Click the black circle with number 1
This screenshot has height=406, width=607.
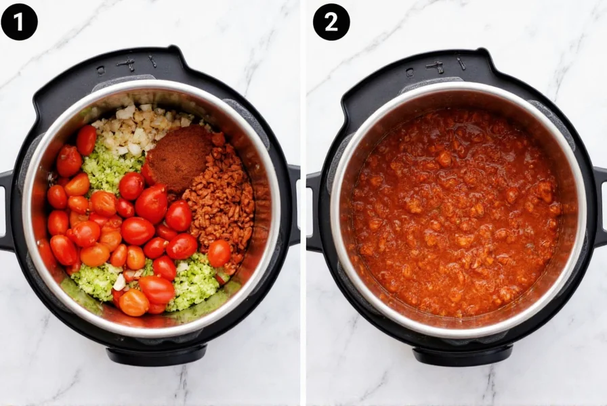point(19,22)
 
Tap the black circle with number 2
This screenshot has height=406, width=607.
point(331,22)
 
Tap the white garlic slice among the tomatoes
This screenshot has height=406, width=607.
point(120,281)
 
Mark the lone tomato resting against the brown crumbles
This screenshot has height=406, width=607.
point(219,253)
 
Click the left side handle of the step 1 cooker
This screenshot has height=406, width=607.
point(5,210)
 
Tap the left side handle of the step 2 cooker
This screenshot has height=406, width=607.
point(314,210)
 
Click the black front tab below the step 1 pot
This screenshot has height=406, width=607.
point(156,354)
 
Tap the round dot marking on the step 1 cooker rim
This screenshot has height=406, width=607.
point(100,69)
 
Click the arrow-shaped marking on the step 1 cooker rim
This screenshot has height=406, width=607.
point(127,65)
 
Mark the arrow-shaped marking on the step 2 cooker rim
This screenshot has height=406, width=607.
point(435,66)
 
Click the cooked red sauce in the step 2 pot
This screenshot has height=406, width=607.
point(454,217)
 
